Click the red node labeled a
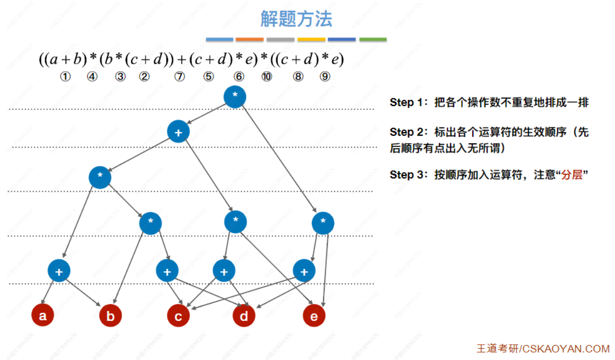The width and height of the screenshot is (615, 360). tap(43, 315)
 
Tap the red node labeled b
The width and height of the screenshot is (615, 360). tap(110, 316)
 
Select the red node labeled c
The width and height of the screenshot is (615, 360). tap(178, 316)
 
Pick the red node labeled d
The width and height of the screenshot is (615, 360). tap(244, 316)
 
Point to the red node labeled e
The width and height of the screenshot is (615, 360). tap(314, 316)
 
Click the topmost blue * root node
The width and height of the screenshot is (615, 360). tap(235, 97)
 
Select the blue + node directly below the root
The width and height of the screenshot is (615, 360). tap(178, 132)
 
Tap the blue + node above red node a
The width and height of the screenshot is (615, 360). tap(59, 271)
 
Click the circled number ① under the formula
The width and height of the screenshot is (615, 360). tap(65, 77)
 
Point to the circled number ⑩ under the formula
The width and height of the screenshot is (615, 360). tap(267, 77)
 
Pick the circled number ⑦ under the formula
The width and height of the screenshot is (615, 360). tap(179, 77)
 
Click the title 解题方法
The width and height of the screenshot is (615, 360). tap(296, 19)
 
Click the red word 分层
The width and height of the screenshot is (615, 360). tap(571, 175)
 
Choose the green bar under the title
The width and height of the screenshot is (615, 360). tap(373, 40)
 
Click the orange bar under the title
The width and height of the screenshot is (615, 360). tap(250, 40)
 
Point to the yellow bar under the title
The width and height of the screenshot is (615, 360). tap(311, 40)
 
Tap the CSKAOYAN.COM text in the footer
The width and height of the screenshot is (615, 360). tap(566, 349)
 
